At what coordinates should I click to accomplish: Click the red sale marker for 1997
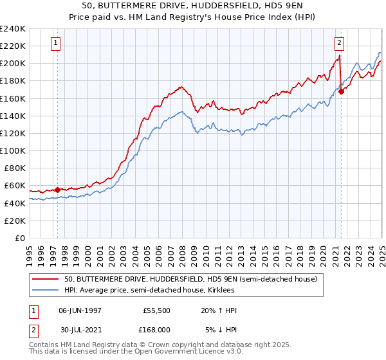[57, 190]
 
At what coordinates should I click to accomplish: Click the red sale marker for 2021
[341, 91]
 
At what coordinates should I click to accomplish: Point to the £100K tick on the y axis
[12, 150]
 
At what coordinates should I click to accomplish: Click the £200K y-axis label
[12, 64]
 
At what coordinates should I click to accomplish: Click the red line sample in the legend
[46, 280]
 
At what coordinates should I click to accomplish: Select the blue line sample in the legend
[46, 291]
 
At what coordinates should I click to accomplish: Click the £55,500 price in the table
[154, 310]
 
